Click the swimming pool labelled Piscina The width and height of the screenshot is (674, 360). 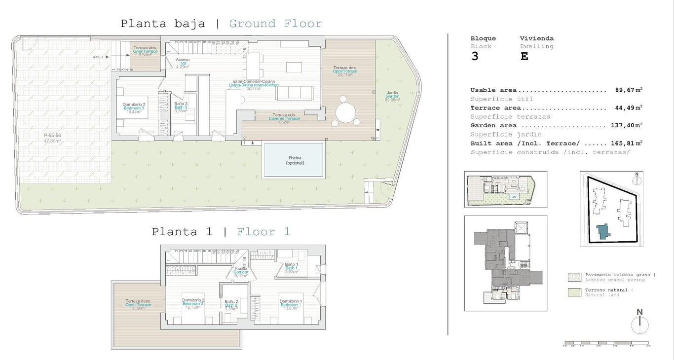(294, 160)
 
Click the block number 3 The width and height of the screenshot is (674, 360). (475, 56)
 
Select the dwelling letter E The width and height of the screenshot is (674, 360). (524, 56)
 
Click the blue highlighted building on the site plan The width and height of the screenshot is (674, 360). (602, 231)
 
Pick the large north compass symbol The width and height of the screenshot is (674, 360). (639, 323)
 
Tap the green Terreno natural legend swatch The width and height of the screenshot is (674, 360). (574, 292)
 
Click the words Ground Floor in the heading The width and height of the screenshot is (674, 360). (275, 24)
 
